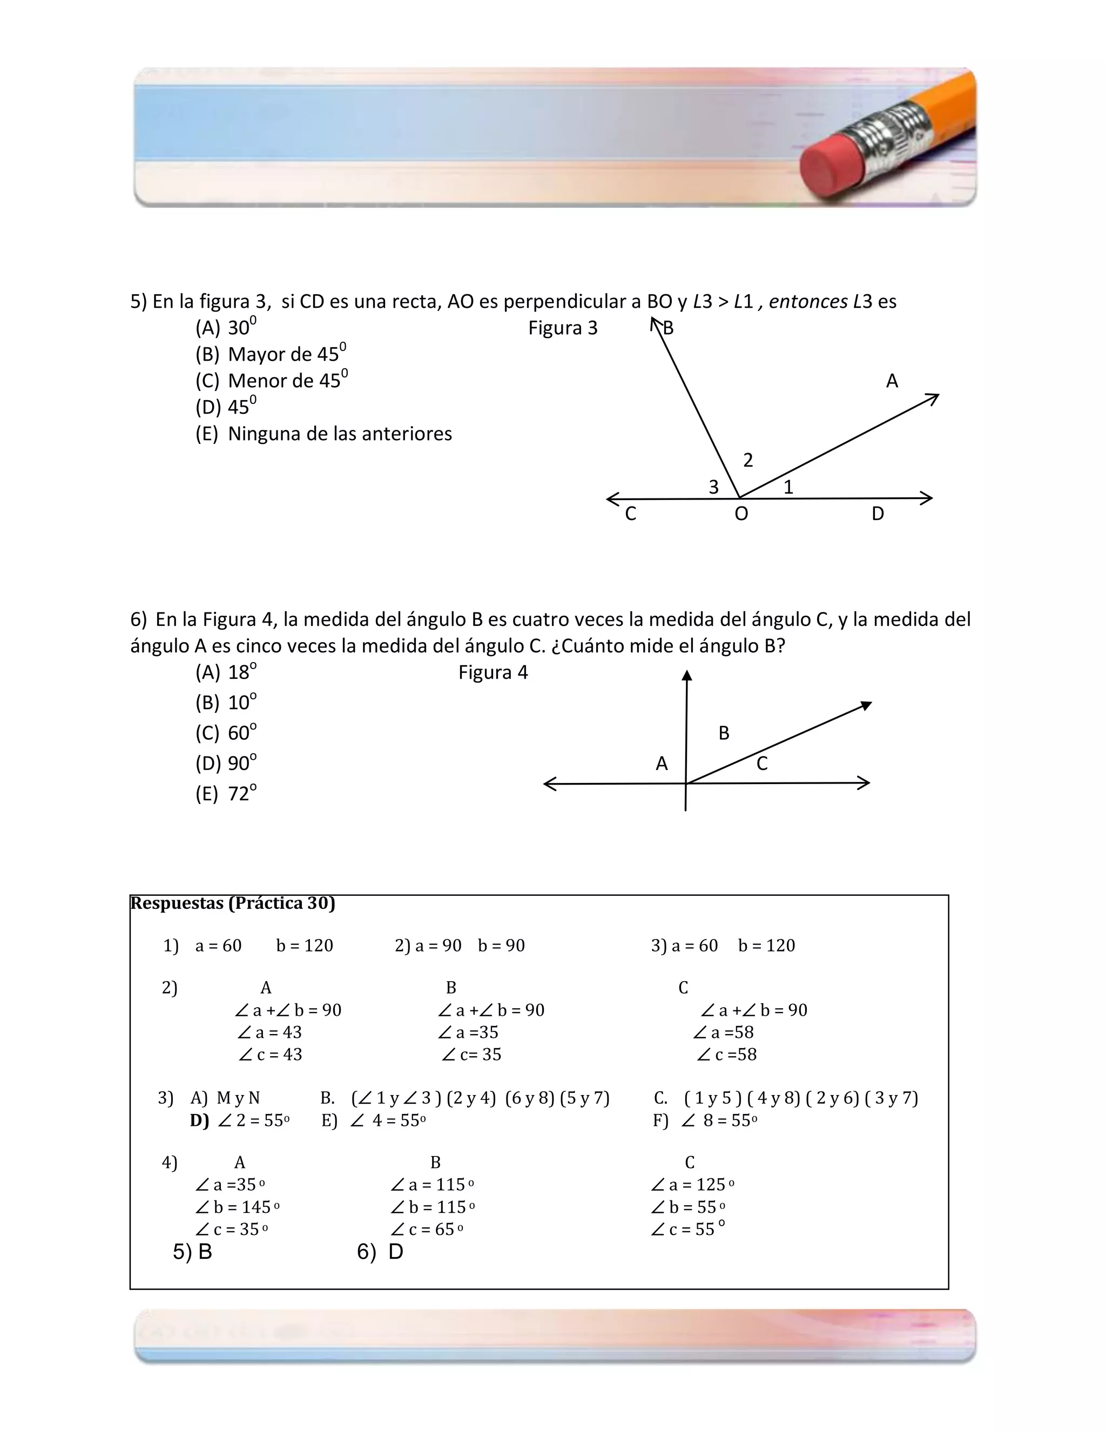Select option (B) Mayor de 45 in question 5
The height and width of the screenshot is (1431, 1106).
coord(271,354)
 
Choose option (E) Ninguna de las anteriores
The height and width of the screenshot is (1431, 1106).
coord(323,434)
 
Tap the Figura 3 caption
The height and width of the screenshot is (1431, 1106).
coord(563,328)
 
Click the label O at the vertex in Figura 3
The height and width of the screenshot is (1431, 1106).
coord(741,514)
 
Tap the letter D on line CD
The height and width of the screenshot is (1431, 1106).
coord(878,514)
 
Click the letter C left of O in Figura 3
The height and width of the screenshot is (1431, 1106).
coord(630,514)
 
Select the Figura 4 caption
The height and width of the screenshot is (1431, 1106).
coord(493,672)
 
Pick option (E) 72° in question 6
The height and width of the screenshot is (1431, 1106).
coord(226,793)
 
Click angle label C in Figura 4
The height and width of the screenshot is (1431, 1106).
coord(761,764)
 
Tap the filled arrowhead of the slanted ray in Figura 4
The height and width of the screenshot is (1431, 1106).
coord(866,705)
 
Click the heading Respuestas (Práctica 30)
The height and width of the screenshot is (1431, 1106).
coord(233,903)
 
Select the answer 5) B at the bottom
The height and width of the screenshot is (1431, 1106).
coord(193,1252)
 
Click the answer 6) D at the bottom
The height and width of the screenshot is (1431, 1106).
coord(380,1252)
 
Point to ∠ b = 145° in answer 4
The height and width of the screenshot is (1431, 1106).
coord(237,1207)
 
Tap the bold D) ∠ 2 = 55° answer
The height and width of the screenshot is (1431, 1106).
coord(240,1120)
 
